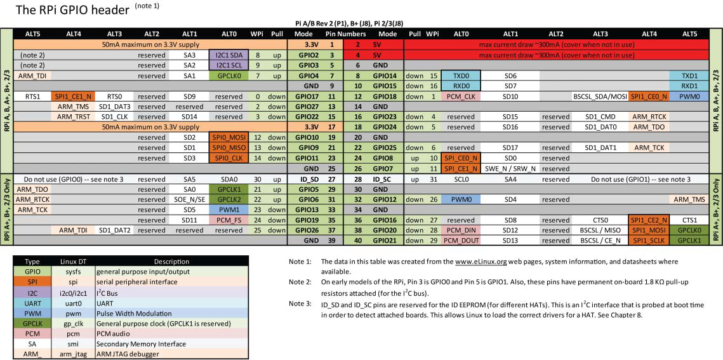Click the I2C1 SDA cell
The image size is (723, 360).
[x=228, y=55]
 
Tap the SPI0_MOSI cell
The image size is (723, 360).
[x=228, y=137]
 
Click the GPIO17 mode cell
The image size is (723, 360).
[x=304, y=97]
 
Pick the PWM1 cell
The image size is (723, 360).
[x=228, y=210]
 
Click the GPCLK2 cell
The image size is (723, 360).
[x=228, y=199]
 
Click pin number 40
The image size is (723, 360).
[x=357, y=241]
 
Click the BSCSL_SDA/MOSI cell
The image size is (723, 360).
[x=600, y=97]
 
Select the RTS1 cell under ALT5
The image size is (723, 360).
[x=33, y=97]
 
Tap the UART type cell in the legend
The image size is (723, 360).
[x=33, y=304]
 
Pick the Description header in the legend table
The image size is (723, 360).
[x=171, y=261]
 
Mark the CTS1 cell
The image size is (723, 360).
[x=690, y=220]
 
